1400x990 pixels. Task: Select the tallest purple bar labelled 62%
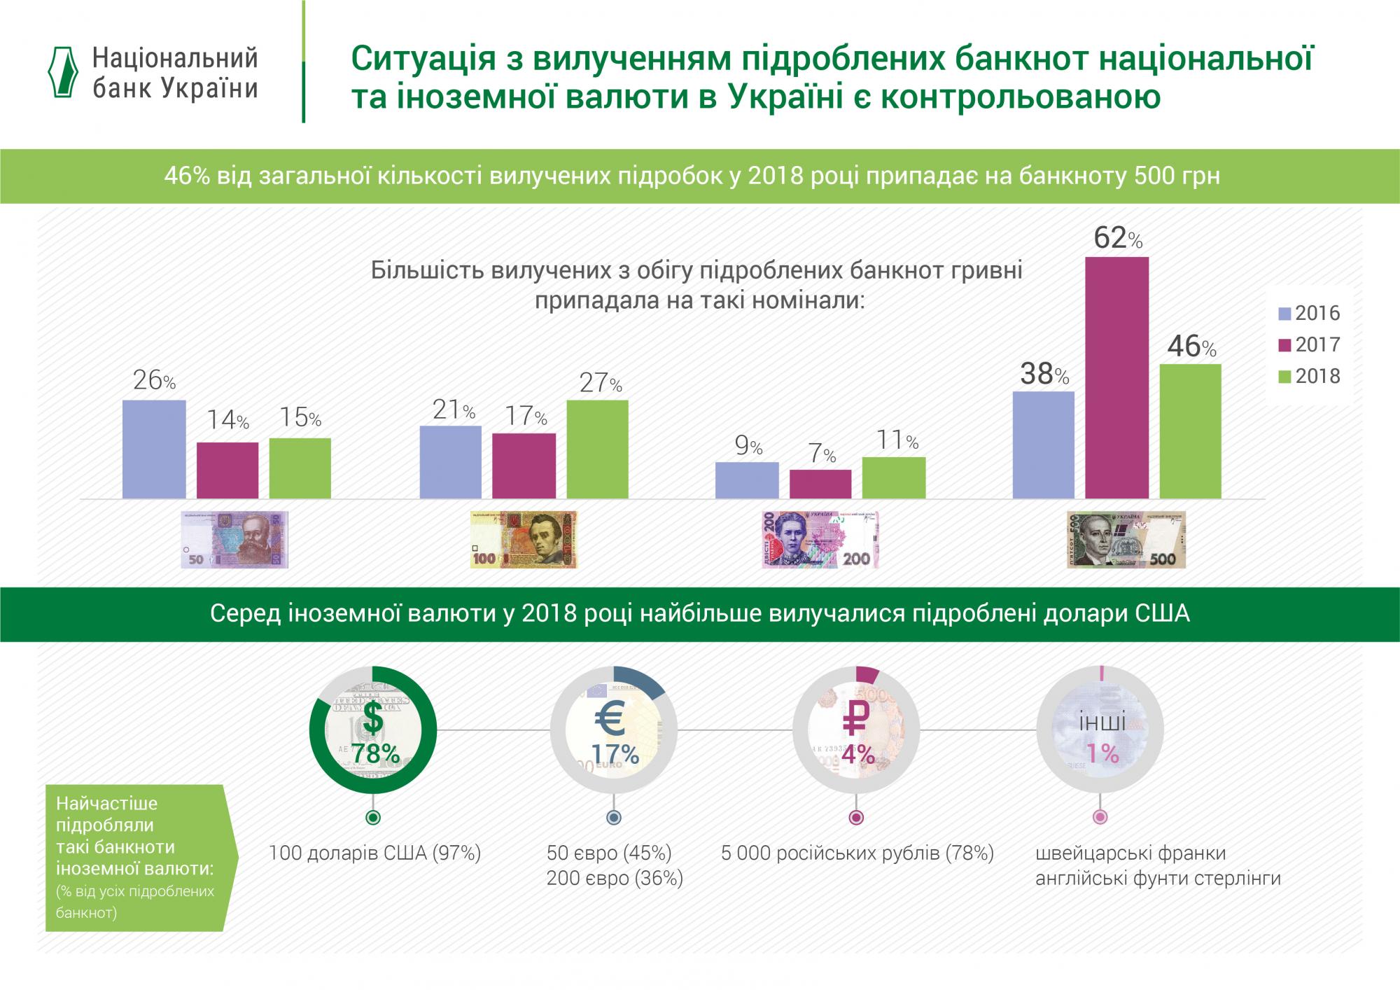coord(1116,378)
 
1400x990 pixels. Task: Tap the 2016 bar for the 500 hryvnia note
coord(1043,445)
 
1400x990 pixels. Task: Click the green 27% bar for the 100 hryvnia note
coord(597,449)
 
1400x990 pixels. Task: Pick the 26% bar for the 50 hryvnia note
coord(154,449)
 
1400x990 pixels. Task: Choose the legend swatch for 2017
coord(1284,344)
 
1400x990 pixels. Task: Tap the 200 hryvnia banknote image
coord(820,539)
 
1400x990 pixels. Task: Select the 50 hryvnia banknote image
coord(234,539)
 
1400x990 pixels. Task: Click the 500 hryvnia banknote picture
coord(1126,539)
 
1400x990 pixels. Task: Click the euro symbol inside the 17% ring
coord(614,718)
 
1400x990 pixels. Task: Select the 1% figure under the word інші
coord(1102,753)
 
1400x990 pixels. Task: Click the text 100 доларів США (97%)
coord(375,853)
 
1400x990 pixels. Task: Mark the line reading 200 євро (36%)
coord(615,878)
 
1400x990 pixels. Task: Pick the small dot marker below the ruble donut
coord(855,817)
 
